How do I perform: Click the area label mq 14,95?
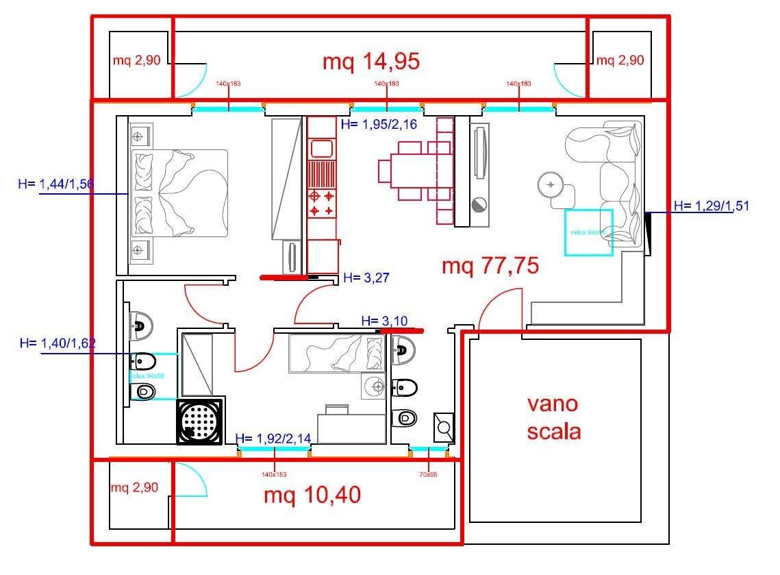point(370,62)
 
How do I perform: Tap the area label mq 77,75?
point(490,265)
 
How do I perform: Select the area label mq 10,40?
point(312,495)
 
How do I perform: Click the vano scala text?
point(553,417)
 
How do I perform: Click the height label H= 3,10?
point(383,321)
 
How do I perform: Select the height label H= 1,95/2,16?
point(379,124)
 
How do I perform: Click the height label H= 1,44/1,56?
point(56,184)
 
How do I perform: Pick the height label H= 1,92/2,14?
point(274,439)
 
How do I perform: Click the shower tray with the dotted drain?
point(200,421)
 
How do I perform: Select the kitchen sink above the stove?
point(320,148)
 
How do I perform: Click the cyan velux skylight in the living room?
point(588,232)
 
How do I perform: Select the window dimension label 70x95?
point(428,474)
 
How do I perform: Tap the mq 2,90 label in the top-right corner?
point(620,60)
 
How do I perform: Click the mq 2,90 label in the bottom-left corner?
point(135,488)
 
